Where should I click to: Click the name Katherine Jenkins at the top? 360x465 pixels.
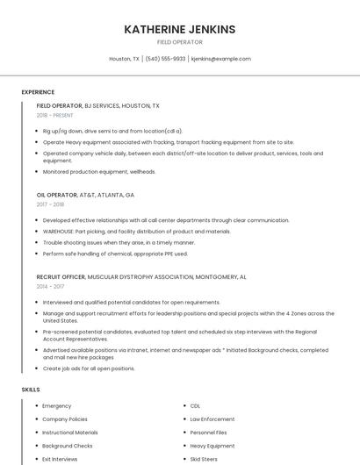[x=179, y=29]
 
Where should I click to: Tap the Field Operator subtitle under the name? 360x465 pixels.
[x=179, y=42]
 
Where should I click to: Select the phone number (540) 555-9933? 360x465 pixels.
[x=165, y=59]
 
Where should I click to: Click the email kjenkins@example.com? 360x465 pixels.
[x=220, y=59]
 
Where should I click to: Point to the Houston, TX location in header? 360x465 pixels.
[x=124, y=59]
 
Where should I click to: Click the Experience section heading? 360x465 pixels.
[x=38, y=92]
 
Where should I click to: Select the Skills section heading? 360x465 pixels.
[x=31, y=389]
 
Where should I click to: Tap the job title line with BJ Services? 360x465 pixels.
[x=98, y=105]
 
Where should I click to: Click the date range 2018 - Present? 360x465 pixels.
[x=55, y=115]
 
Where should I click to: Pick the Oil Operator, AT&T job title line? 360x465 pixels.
[x=85, y=195]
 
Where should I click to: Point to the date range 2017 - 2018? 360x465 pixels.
[x=50, y=204]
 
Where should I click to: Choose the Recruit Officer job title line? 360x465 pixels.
[x=141, y=276]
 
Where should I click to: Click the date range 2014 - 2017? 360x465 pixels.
[x=50, y=286]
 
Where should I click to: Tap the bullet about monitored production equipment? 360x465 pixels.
[x=99, y=172]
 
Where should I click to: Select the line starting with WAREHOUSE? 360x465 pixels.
[x=136, y=232]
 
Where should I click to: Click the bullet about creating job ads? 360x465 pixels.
[x=89, y=368]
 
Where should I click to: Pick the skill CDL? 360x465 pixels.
[x=195, y=406]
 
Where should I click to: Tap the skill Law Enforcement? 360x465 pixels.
[x=212, y=419]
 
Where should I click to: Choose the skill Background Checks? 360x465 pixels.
[x=68, y=446]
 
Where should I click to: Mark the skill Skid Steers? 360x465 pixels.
[x=204, y=459]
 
